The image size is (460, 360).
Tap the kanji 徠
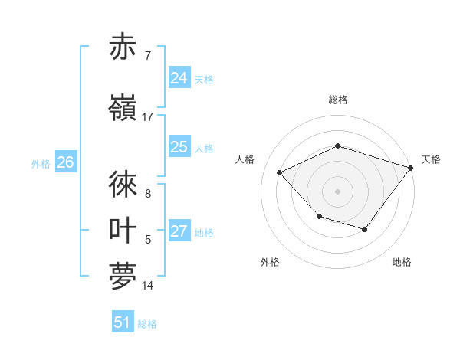(x=123, y=185)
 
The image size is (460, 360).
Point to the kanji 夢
(x=123, y=277)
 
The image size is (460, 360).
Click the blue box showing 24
(x=179, y=77)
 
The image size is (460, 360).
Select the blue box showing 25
(x=179, y=147)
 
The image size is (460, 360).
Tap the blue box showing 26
(x=65, y=162)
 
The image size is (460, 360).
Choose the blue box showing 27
(x=179, y=232)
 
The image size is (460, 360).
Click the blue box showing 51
(x=122, y=322)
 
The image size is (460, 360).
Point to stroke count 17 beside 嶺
(x=148, y=117)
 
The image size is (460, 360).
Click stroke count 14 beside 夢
(x=148, y=286)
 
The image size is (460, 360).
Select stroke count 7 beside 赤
(x=148, y=56)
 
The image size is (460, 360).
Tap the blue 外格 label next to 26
(x=41, y=163)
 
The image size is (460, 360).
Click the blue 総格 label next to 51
(x=147, y=324)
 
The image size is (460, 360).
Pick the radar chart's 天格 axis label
(x=431, y=159)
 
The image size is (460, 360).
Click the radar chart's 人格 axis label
(x=245, y=159)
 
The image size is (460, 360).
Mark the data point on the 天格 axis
(x=412, y=167)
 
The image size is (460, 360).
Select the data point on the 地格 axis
(x=365, y=229)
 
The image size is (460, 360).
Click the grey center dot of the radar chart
(x=337, y=191)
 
